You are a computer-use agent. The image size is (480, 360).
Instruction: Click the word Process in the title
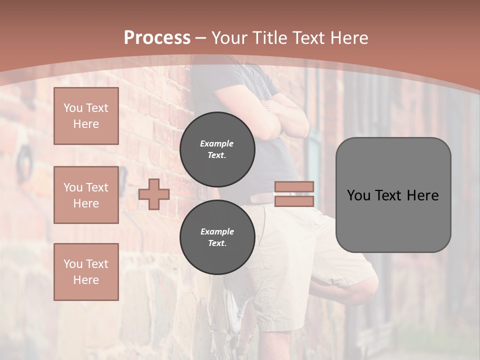point(157,38)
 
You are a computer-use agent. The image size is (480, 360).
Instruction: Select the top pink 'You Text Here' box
point(86,116)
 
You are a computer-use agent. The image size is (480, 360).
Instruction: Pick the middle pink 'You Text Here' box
point(86,195)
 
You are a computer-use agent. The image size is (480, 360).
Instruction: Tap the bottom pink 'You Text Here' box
point(86,271)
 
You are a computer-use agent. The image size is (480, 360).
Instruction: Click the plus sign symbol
point(154,194)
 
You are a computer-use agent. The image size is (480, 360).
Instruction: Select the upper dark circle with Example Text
point(217,149)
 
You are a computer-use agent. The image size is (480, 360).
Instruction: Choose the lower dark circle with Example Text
point(217,237)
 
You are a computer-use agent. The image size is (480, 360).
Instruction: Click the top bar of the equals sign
point(294,187)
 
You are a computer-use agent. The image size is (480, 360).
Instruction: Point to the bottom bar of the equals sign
point(294,201)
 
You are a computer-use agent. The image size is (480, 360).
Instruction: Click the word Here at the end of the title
point(350,38)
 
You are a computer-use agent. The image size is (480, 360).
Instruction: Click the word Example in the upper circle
point(217,143)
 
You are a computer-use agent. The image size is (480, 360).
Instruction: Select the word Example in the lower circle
point(217,231)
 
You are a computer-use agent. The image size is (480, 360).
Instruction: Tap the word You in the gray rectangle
point(358,195)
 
